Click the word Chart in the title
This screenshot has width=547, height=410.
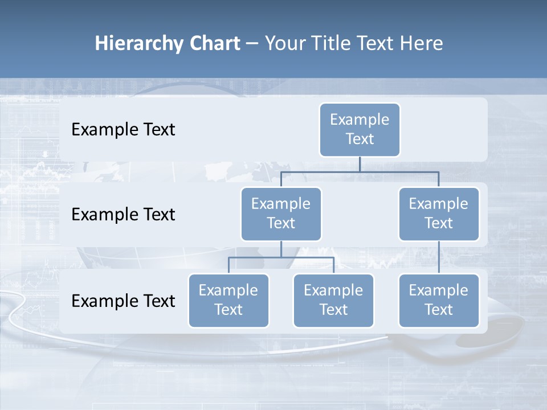215,43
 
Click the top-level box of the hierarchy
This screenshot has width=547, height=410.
360,129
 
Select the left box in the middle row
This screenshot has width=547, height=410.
281,214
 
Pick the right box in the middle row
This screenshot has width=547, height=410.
439,214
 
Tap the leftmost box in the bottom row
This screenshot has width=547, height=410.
228,300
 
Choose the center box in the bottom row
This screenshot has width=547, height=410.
333,300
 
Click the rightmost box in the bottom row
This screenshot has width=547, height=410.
439,300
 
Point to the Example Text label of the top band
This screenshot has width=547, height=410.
123,130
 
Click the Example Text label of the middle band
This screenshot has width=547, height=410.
123,215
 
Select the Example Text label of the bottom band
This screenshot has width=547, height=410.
123,301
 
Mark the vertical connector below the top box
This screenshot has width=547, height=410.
360,163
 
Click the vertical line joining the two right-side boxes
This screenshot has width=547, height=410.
439,257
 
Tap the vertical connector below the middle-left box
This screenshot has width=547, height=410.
281,249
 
